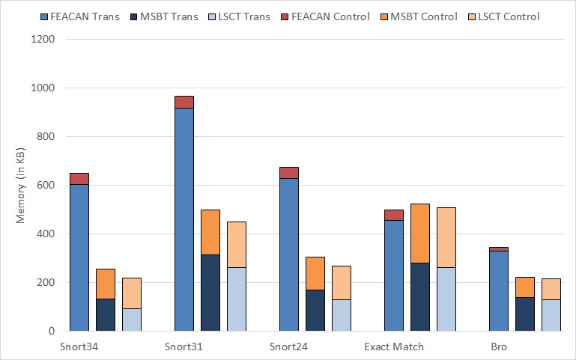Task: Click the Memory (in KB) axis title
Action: point(22,186)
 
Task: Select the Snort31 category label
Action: point(184,347)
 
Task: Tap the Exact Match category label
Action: point(394,347)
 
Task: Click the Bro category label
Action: point(498,347)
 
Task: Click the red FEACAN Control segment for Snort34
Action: point(79,179)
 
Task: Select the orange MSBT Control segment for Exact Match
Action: point(420,234)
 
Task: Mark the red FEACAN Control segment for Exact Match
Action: point(393,215)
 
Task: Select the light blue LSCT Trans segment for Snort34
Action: point(132,320)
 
